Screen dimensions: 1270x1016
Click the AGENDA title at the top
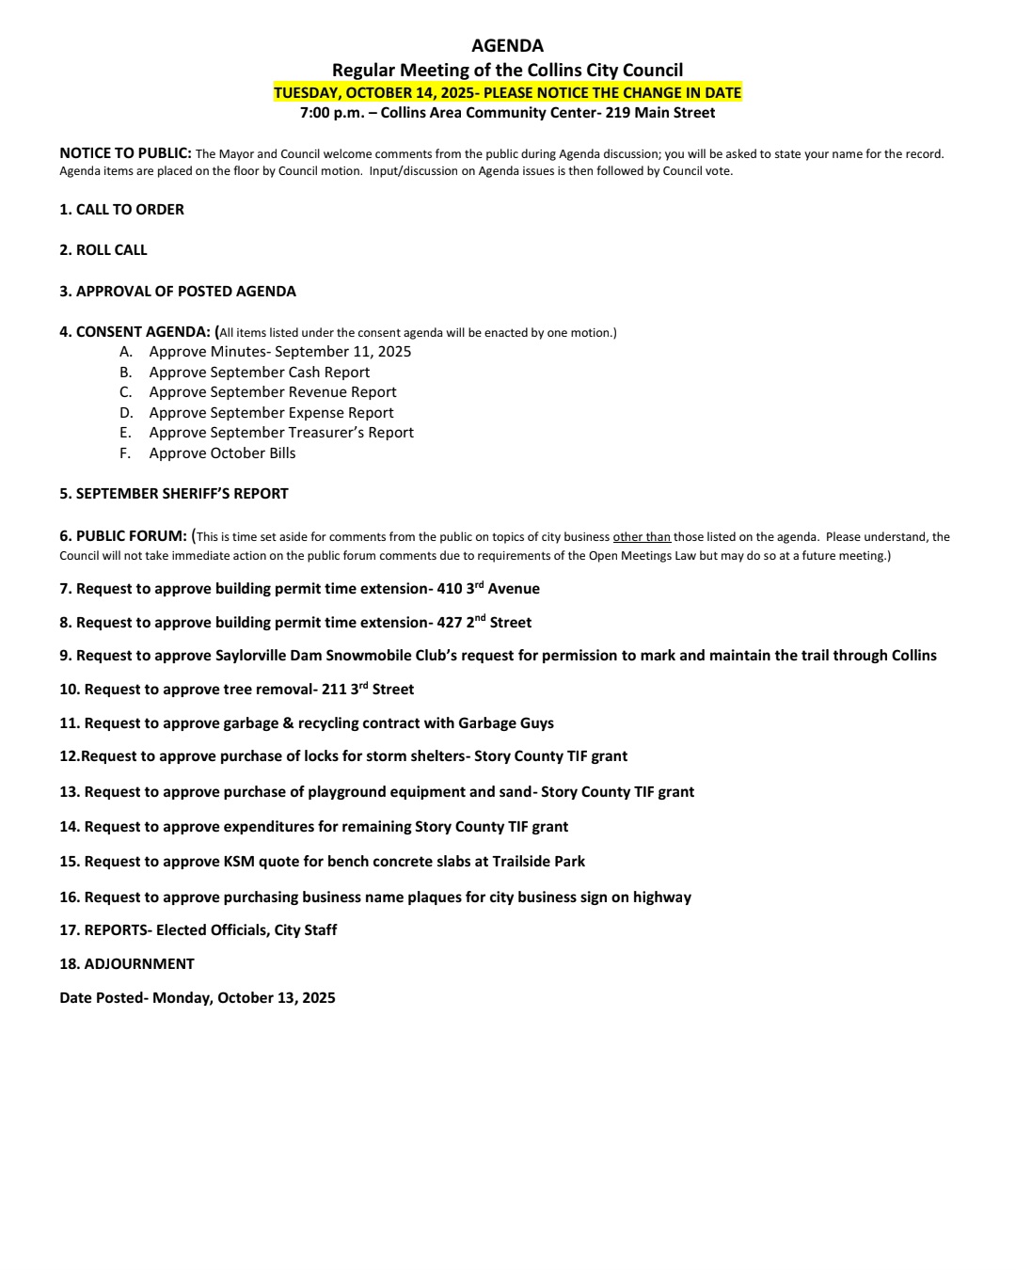click(x=507, y=45)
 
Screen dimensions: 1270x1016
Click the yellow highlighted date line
click(x=507, y=92)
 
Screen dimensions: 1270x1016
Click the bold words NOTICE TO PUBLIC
click(x=125, y=153)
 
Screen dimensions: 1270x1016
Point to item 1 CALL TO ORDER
click(x=121, y=210)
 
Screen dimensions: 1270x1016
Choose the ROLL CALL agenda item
click(x=103, y=250)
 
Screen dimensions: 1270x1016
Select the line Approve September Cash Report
click(x=259, y=373)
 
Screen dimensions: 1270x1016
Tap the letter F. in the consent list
click(x=125, y=453)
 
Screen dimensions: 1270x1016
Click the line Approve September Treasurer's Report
click(x=281, y=433)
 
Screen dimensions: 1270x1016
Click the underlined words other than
click(x=642, y=537)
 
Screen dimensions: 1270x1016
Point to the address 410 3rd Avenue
click(x=488, y=589)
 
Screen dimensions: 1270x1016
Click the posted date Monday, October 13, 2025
click(x=244, y=998)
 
